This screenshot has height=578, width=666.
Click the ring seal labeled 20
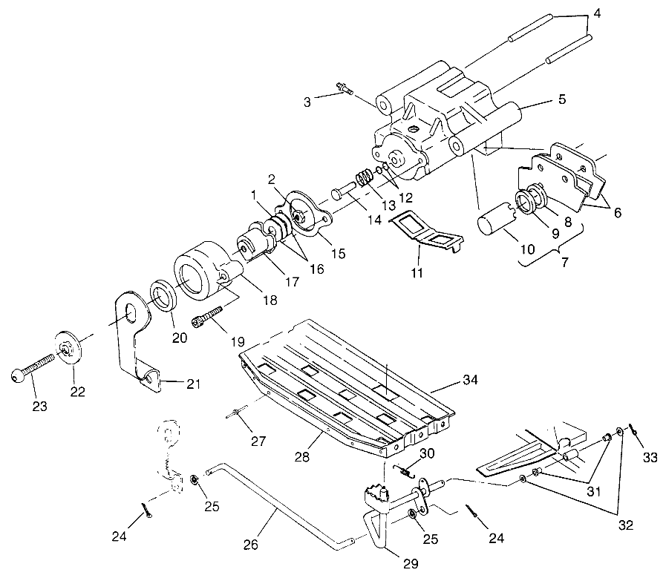click(x=163, y=296)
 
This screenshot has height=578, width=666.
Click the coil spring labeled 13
click(x=365, y=180)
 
